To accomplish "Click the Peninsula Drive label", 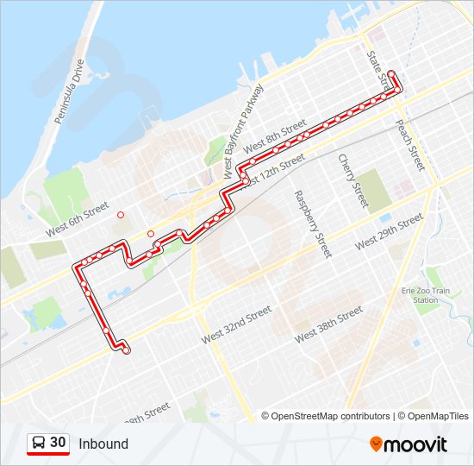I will (68, 91).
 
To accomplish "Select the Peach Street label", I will (410, 144).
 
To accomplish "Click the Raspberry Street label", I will (313, 224).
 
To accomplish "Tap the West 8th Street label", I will (275, 139).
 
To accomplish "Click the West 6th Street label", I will (78, 219).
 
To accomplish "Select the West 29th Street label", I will (389, 232).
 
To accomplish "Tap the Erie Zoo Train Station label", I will (425, 295).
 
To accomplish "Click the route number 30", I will (58, 443).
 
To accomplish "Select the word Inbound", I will (103, 444).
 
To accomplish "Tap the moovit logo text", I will (416, 444).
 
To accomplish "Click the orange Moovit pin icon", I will (377, 444).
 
